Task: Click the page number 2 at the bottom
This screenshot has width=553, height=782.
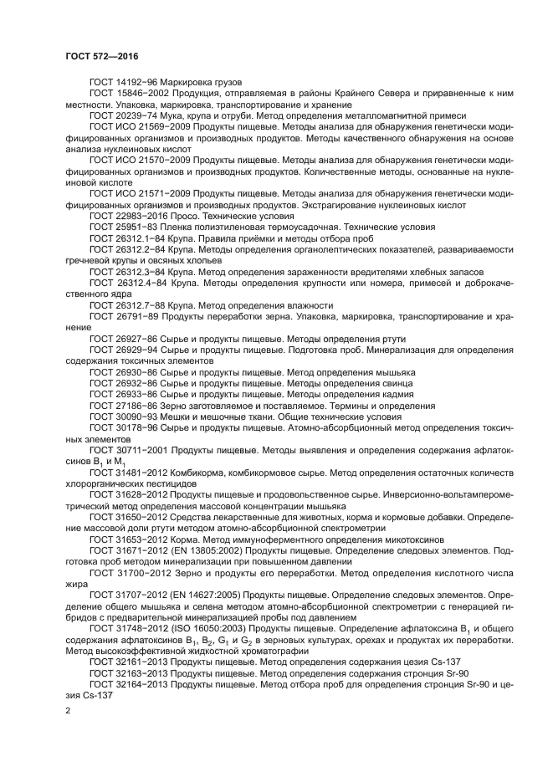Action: point(68,711)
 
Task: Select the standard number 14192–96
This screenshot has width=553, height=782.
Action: point(139,83)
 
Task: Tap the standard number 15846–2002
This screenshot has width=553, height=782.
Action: point(145,94)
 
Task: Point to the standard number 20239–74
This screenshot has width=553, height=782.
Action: point(139,115)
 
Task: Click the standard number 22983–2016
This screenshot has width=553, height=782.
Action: point(141,215)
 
